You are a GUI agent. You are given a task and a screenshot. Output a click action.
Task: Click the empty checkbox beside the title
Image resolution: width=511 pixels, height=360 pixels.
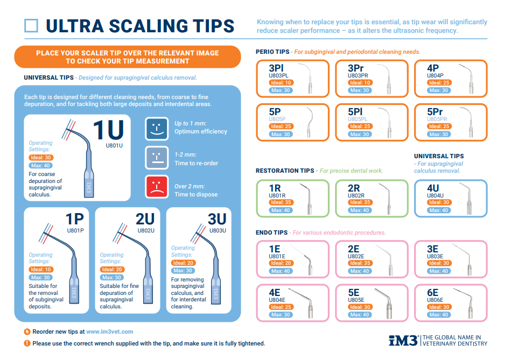pyautogui.click(x=31, y=26)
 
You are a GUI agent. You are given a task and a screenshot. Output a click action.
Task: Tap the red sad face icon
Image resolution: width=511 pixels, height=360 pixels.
pyautogui.click(x=157, y=187)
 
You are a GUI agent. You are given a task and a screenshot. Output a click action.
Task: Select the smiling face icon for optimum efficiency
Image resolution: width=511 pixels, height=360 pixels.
pyautogui.click(x=157, y=129)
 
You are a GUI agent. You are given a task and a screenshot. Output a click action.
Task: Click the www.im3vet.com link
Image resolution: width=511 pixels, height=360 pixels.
pyautogui.click(x=109, y=331)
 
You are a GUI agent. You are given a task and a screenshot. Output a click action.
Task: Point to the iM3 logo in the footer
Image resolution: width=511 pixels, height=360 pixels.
pyautogui.click(x=403, y=341)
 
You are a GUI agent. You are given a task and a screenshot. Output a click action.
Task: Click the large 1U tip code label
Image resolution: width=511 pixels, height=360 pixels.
pyautogui.click(x=109, y=130)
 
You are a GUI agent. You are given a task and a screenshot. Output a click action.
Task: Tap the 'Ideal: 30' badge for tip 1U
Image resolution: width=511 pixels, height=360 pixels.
pyautogui.click(x=41, y=158)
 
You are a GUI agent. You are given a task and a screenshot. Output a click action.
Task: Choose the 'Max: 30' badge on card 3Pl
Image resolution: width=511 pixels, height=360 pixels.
pyautogui.click(x=281, y=90)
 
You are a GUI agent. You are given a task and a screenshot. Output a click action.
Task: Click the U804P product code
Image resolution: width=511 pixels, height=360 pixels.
pyautogui.click(x=435, y=75)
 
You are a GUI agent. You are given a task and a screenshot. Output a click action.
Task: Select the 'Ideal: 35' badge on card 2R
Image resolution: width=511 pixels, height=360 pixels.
pyautogui.click(x=360, y=202)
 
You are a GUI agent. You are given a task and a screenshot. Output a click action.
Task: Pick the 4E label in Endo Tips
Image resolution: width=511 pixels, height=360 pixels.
pyautogui.click(x=275, y=293)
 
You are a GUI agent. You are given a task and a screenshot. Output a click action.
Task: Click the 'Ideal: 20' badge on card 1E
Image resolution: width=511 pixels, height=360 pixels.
pyautogui.click(x=281, y=263)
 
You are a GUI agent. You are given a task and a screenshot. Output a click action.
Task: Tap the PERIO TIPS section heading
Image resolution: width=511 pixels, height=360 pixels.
pyautogui.click(x=272, y=52)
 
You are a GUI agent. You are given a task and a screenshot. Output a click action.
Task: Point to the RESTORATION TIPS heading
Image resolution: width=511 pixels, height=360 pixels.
pyautogui.click(x=285, y=171)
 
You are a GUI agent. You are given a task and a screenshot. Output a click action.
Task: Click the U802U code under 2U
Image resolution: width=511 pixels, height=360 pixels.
pyautogui.click(x=146, y=231)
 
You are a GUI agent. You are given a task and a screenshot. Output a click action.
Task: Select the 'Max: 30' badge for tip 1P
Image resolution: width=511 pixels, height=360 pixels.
pyautogui.click(x=41, y=278)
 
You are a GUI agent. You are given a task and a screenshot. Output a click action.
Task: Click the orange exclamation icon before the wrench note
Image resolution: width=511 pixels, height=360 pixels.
pyautogui.click(x=27, y=343)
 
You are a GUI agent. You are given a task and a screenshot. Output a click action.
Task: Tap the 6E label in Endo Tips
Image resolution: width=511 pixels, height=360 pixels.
pyautogui.click(x=433, y=293)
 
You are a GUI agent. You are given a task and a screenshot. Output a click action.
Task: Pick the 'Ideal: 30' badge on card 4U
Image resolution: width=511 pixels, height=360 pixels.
pyautogui.click(x=439, y=202)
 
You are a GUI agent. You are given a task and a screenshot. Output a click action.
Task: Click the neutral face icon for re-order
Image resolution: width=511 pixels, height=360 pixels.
pyautogui.click(x=157, y=158)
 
